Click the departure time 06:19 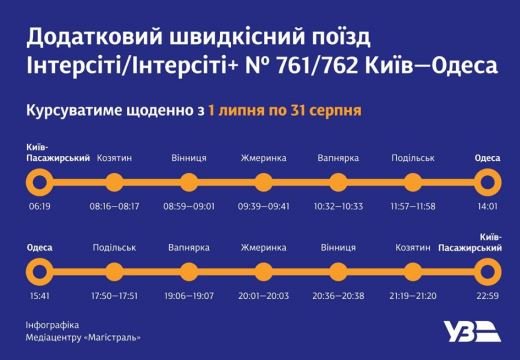[x=40, y=206]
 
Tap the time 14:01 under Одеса [x=487, y=206]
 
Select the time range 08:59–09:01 [x=189, y=206]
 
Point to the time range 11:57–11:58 [x=413, y=206]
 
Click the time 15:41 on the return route [x=40, y=296]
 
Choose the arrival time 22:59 [x=487, y=296]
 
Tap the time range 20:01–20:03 [x=263, y=296]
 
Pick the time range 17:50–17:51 [x=114, y=296]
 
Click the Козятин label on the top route [x=114, y=158]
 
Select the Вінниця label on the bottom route [x=338, y=248]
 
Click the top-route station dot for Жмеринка [x=263, y=182]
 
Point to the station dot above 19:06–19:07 [x=189, y=272]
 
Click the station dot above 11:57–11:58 [x=413, y=182]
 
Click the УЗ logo [x=472, y=332]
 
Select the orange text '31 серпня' [x=326, y=111]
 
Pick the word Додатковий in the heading [x=94, y=38]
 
